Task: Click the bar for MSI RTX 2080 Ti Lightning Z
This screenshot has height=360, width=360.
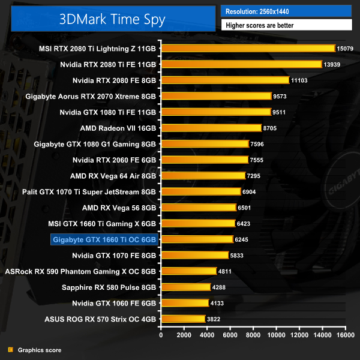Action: pyautogui.click(x=247, y=48)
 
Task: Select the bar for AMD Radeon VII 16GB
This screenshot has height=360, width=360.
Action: pyautogui.click(x=211, y=128)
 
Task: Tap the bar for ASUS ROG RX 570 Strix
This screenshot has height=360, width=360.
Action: pyautogui.click(x=182, y=319)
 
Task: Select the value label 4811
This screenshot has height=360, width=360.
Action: pyautogui.click(x=226, y=271)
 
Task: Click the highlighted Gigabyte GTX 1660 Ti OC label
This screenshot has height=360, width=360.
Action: pyautogui.click(x=105, y=239)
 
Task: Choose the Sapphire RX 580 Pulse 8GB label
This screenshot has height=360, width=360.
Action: pyautogui.click(x=109, y=287)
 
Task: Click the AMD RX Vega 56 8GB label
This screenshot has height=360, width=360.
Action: pyautogui.click(x=119, y=208)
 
